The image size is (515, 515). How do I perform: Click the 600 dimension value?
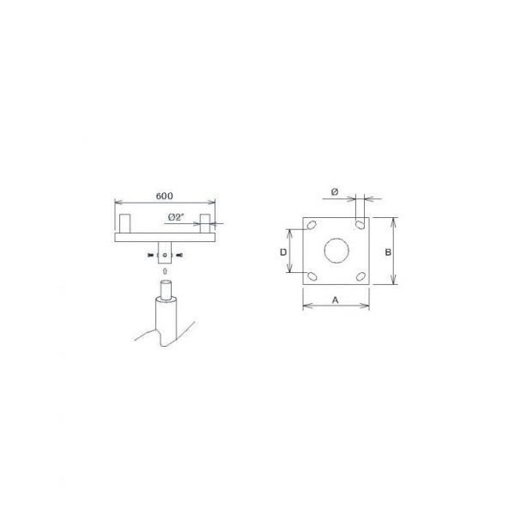[164, 196]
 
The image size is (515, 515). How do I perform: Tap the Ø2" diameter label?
[175, 217]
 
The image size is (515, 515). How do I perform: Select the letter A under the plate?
[336, 300]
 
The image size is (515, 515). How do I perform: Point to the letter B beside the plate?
[388, 252]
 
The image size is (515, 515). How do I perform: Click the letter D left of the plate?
[283, 252]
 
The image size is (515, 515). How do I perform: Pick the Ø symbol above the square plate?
[335, 191]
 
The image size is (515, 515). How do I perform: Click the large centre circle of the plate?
[336, 251]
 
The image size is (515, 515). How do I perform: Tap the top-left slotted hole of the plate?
[311, 225]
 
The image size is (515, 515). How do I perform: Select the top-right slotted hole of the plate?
[360, 225]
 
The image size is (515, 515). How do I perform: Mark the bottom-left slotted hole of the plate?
[312, 276]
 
